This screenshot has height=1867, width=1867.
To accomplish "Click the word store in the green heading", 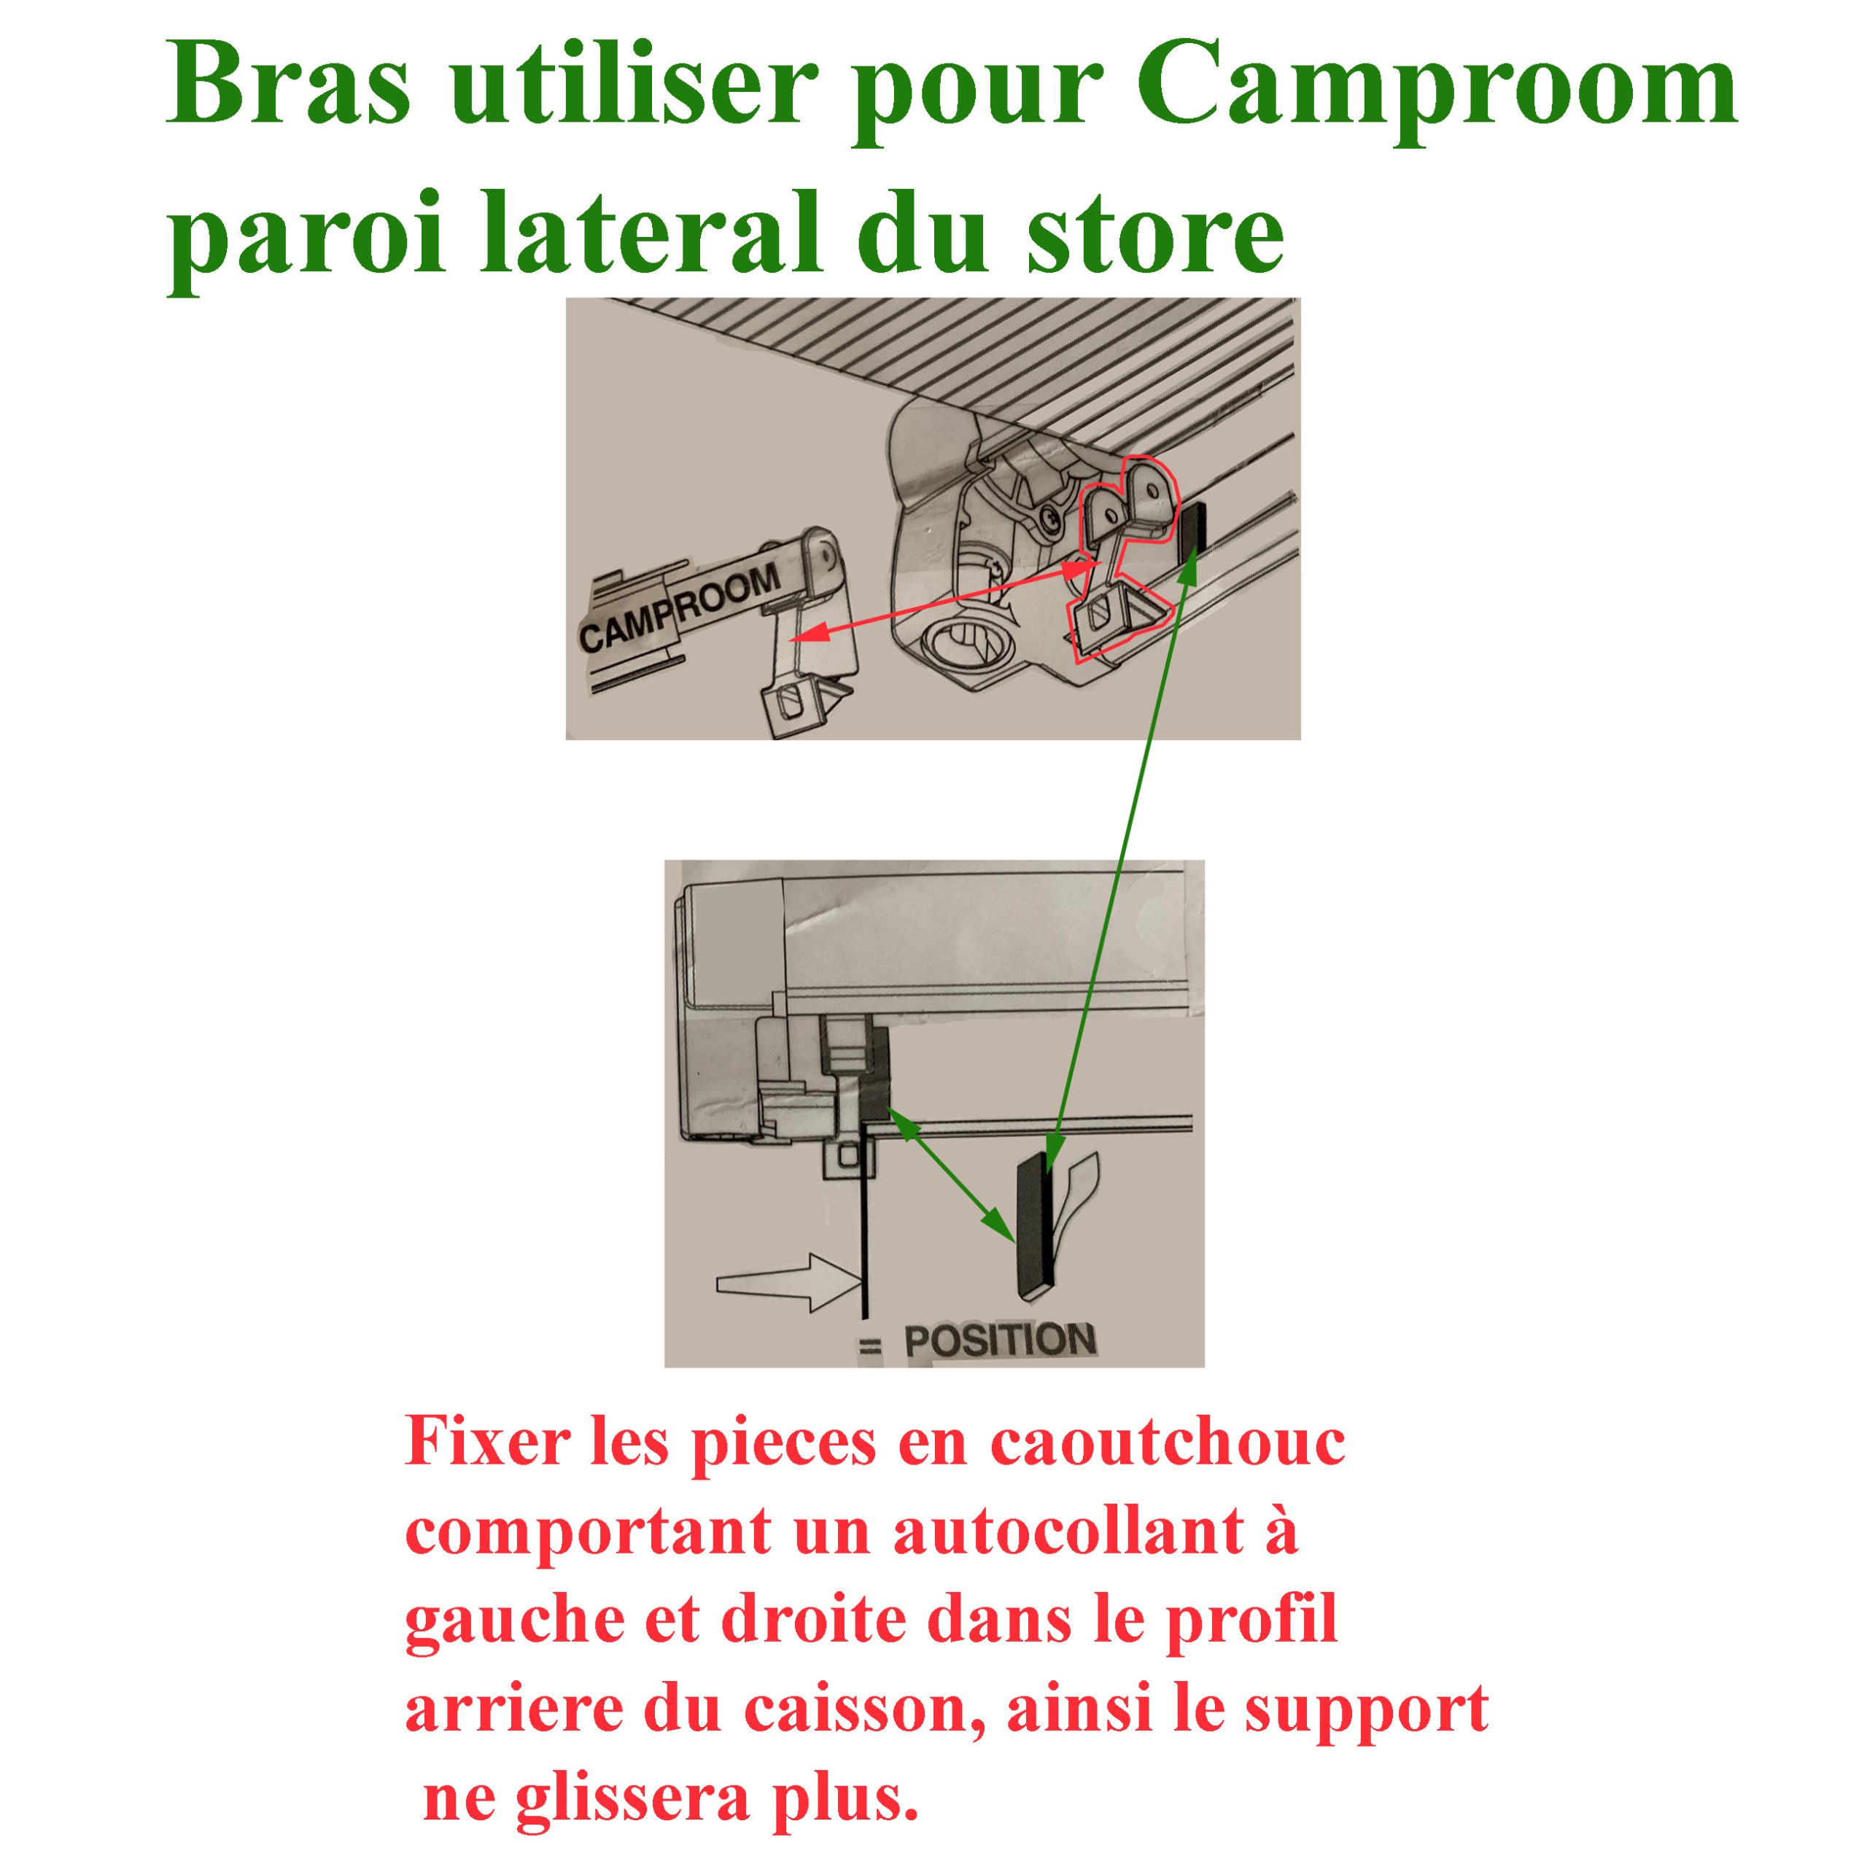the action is [1156, 235].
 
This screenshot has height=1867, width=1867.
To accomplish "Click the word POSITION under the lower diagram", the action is [999, 1341].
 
